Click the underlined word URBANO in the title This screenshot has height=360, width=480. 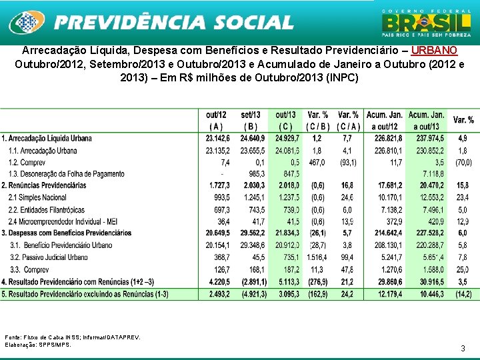tap(434, 51)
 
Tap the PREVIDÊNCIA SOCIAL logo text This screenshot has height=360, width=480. tap(173, 23)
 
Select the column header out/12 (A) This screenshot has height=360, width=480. tap(216, 120)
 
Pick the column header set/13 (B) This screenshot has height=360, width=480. tap(251, 120)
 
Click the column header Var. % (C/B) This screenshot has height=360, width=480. tap(317, 120)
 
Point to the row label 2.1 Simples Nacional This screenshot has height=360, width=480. tap(38, 197)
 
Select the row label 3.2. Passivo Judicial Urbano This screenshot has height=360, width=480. tap(49, 257)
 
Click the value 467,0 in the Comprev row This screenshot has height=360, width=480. tap(317, 162)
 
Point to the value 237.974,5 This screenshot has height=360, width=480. tap(427, 138)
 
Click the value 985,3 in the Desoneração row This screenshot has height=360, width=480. tap(256, 173)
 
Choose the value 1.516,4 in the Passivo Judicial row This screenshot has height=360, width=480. tap(317, 257)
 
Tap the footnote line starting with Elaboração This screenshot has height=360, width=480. tap(37, 345)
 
